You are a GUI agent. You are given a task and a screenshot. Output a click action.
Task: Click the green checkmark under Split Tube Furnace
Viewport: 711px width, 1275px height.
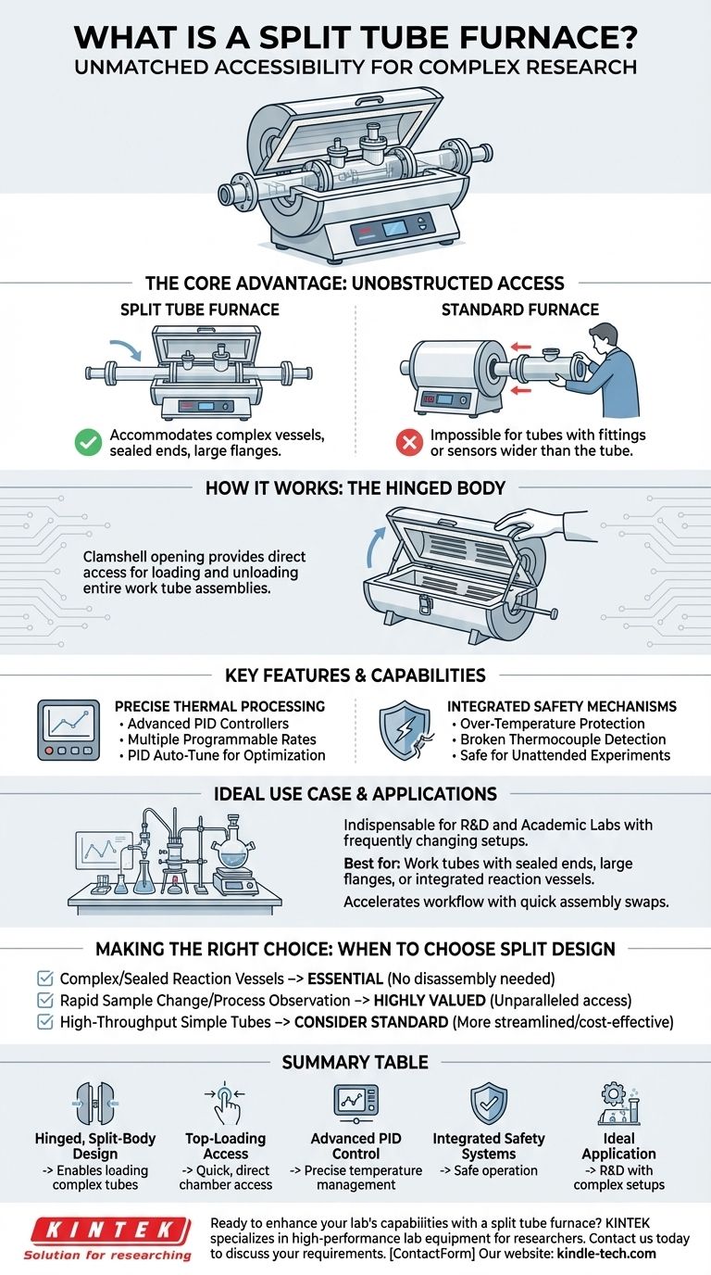(x=87, y=442)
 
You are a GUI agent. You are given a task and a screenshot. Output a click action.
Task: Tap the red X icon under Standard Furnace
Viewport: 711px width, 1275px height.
(x=408, y=442)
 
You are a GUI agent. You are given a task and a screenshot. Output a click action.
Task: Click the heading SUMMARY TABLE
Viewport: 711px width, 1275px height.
(x=355, y=1063)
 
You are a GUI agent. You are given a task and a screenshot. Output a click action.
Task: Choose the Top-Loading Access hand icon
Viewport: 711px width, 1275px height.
(x=225, y=1103)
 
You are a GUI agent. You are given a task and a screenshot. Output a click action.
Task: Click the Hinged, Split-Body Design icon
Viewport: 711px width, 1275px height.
(x=95, y=1104)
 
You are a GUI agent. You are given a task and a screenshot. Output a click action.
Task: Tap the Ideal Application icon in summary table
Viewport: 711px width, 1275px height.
(x=618, y=1103)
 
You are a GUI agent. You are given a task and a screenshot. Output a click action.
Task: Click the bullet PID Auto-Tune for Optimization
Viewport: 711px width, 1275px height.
(x=223, y=755)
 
